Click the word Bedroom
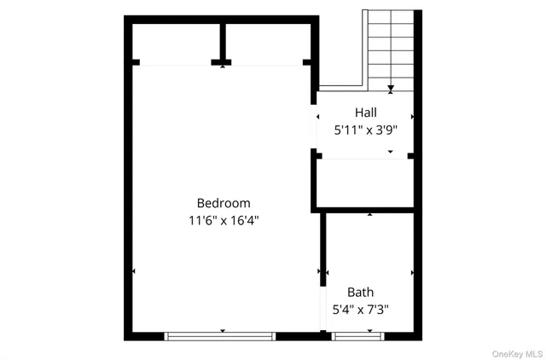click(x=224, y=203)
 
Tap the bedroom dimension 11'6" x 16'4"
click(x=224, y=220)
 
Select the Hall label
click(x=366, y=112)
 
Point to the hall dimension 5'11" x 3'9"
click(x=366, y=131)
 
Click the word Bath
click(x=360, y=292)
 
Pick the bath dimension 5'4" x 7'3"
click(x=361, y=310)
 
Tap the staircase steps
click(x=391, y=47)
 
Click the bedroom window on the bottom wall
click(x=222, y=335)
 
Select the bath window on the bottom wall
click(x=358, y=335)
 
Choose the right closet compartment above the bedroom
click(x=266, y=43)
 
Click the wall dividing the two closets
click(x=222, y=41)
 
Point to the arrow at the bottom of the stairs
click(x=391, y=87)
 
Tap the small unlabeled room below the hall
click(x=365, y=182)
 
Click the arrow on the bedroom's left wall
click(x=134, y=272)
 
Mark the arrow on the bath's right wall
click(x=412, y=272)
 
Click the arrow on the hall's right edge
click(x=412, y=116)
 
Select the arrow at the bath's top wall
click(x=369, y=214)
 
